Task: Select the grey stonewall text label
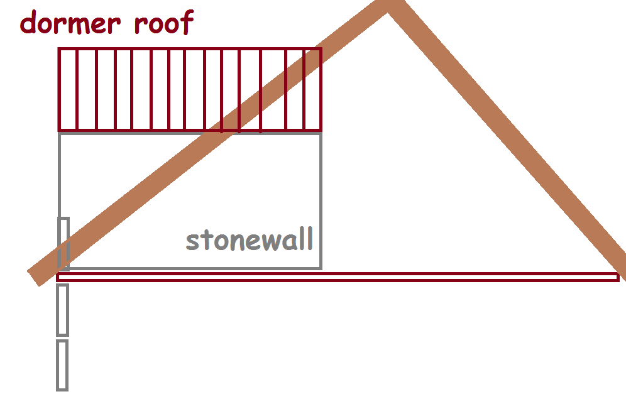point(250,240)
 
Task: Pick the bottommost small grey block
point(62,364)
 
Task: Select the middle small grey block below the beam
point(62,310)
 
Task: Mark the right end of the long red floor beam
point(617,277)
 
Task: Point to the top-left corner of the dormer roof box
point(59,49)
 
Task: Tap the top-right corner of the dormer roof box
point(321,49)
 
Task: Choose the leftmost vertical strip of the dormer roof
point(67,89)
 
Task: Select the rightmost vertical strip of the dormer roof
point(312,89)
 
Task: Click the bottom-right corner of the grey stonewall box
point(321,268)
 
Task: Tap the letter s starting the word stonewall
point(193,241)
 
